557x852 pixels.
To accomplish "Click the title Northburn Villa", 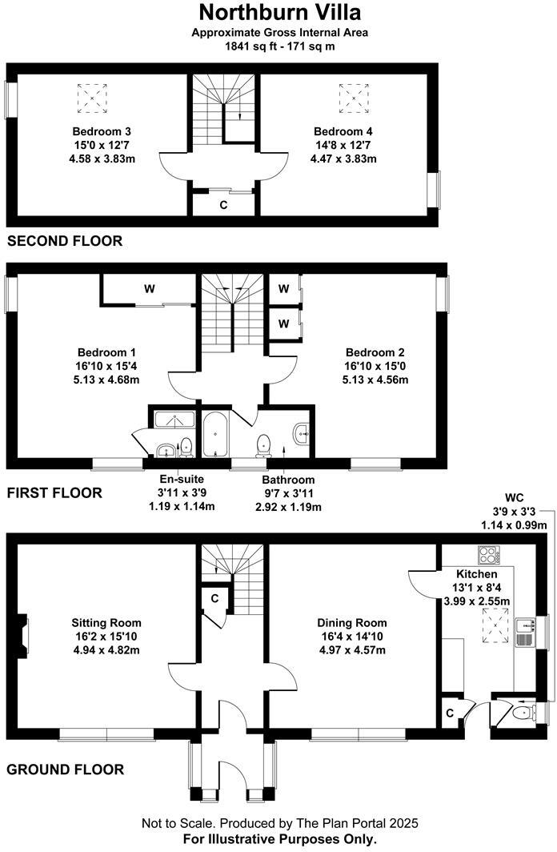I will point(279,13).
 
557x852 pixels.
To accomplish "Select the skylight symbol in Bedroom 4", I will point(353,98).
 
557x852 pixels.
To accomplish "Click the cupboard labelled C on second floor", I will point(223,204).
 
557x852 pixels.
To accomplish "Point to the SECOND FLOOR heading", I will point(65,240).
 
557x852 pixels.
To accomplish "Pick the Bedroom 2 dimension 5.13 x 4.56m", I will point(375,380).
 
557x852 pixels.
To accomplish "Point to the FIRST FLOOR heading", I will point(54,493).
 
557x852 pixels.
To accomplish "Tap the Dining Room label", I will point(352,623).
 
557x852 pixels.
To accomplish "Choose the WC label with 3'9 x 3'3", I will point(513,497).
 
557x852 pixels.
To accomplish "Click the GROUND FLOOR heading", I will point(65,770).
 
